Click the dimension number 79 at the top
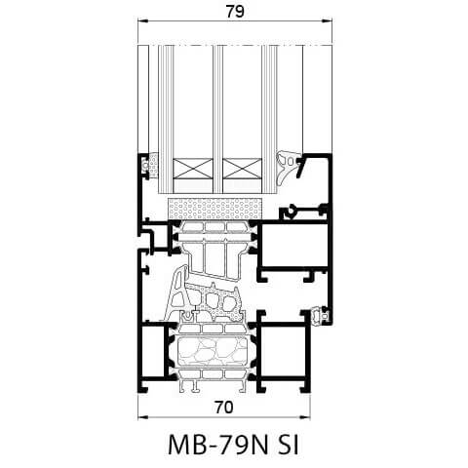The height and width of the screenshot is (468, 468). pos(233,12)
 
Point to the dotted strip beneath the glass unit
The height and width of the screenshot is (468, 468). pos(216,209)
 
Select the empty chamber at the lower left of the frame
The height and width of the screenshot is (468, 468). pos(152,356)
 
